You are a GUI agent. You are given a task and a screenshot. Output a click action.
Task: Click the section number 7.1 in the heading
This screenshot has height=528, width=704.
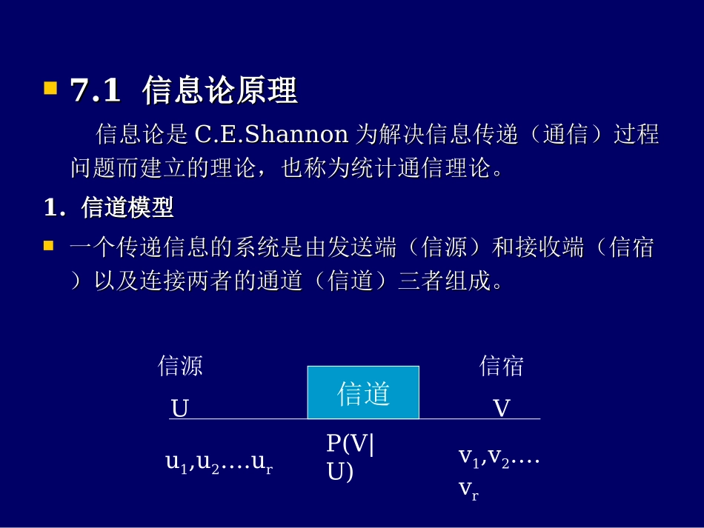click(95, 91)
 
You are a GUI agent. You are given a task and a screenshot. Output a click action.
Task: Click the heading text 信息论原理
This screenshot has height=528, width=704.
click(220, 91)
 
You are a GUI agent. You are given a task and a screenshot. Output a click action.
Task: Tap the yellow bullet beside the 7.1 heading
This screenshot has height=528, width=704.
click(50, 90)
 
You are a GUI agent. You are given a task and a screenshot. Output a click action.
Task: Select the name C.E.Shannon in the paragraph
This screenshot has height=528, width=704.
click(271, 134)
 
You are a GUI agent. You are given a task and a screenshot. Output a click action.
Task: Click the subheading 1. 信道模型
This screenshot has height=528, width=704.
click(108, 208)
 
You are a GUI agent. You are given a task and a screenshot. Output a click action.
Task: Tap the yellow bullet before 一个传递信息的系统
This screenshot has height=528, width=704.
click(50, 246)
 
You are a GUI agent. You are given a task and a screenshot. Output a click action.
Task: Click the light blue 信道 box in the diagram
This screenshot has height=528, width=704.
click(363, 392)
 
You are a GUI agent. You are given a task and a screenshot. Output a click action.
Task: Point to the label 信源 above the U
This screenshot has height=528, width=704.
click(180, 366)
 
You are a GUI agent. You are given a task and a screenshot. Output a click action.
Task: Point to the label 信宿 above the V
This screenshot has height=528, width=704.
click(502, 366)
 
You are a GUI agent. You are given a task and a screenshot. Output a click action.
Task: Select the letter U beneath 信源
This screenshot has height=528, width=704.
click(180, 409)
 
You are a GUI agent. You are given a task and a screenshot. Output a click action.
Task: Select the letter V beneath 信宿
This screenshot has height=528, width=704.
click(502, 409)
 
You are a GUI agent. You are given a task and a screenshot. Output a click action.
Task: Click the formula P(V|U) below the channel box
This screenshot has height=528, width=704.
click(351, 457)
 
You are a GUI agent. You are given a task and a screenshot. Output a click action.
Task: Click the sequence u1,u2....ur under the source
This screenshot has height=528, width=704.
click(219, 463)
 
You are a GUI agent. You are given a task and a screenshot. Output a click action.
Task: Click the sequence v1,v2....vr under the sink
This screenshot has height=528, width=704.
click(498, 470)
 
